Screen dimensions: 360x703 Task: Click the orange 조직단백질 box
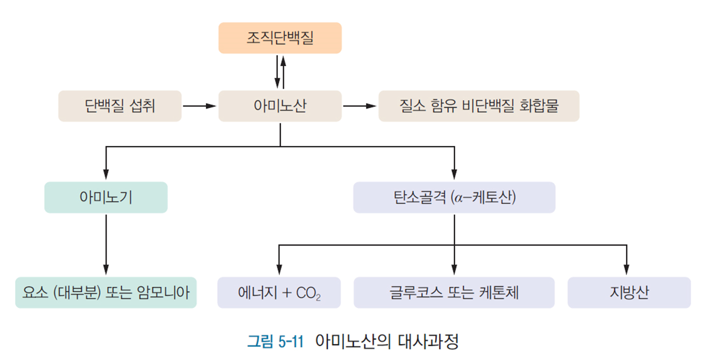click(x=280, y=38)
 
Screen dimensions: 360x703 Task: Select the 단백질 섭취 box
click(x=120, y=106)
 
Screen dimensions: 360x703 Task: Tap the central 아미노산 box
click(x=280, y=106)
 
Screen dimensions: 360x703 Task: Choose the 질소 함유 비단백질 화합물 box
click(x=478, y=106)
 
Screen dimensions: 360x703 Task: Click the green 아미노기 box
click(x=106, y=197)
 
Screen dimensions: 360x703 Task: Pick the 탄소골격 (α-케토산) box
click(x=454, y=197)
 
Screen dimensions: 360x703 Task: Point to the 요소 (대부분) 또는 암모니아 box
click(x=106, y=292)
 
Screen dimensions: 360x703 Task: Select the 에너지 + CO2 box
click(x=279, y=292)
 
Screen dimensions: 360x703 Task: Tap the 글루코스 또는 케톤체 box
click(x=454, y=292)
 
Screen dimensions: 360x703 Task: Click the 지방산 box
click(x=628, y=292)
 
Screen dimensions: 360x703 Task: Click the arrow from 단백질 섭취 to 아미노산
click(x=200, y=106)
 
